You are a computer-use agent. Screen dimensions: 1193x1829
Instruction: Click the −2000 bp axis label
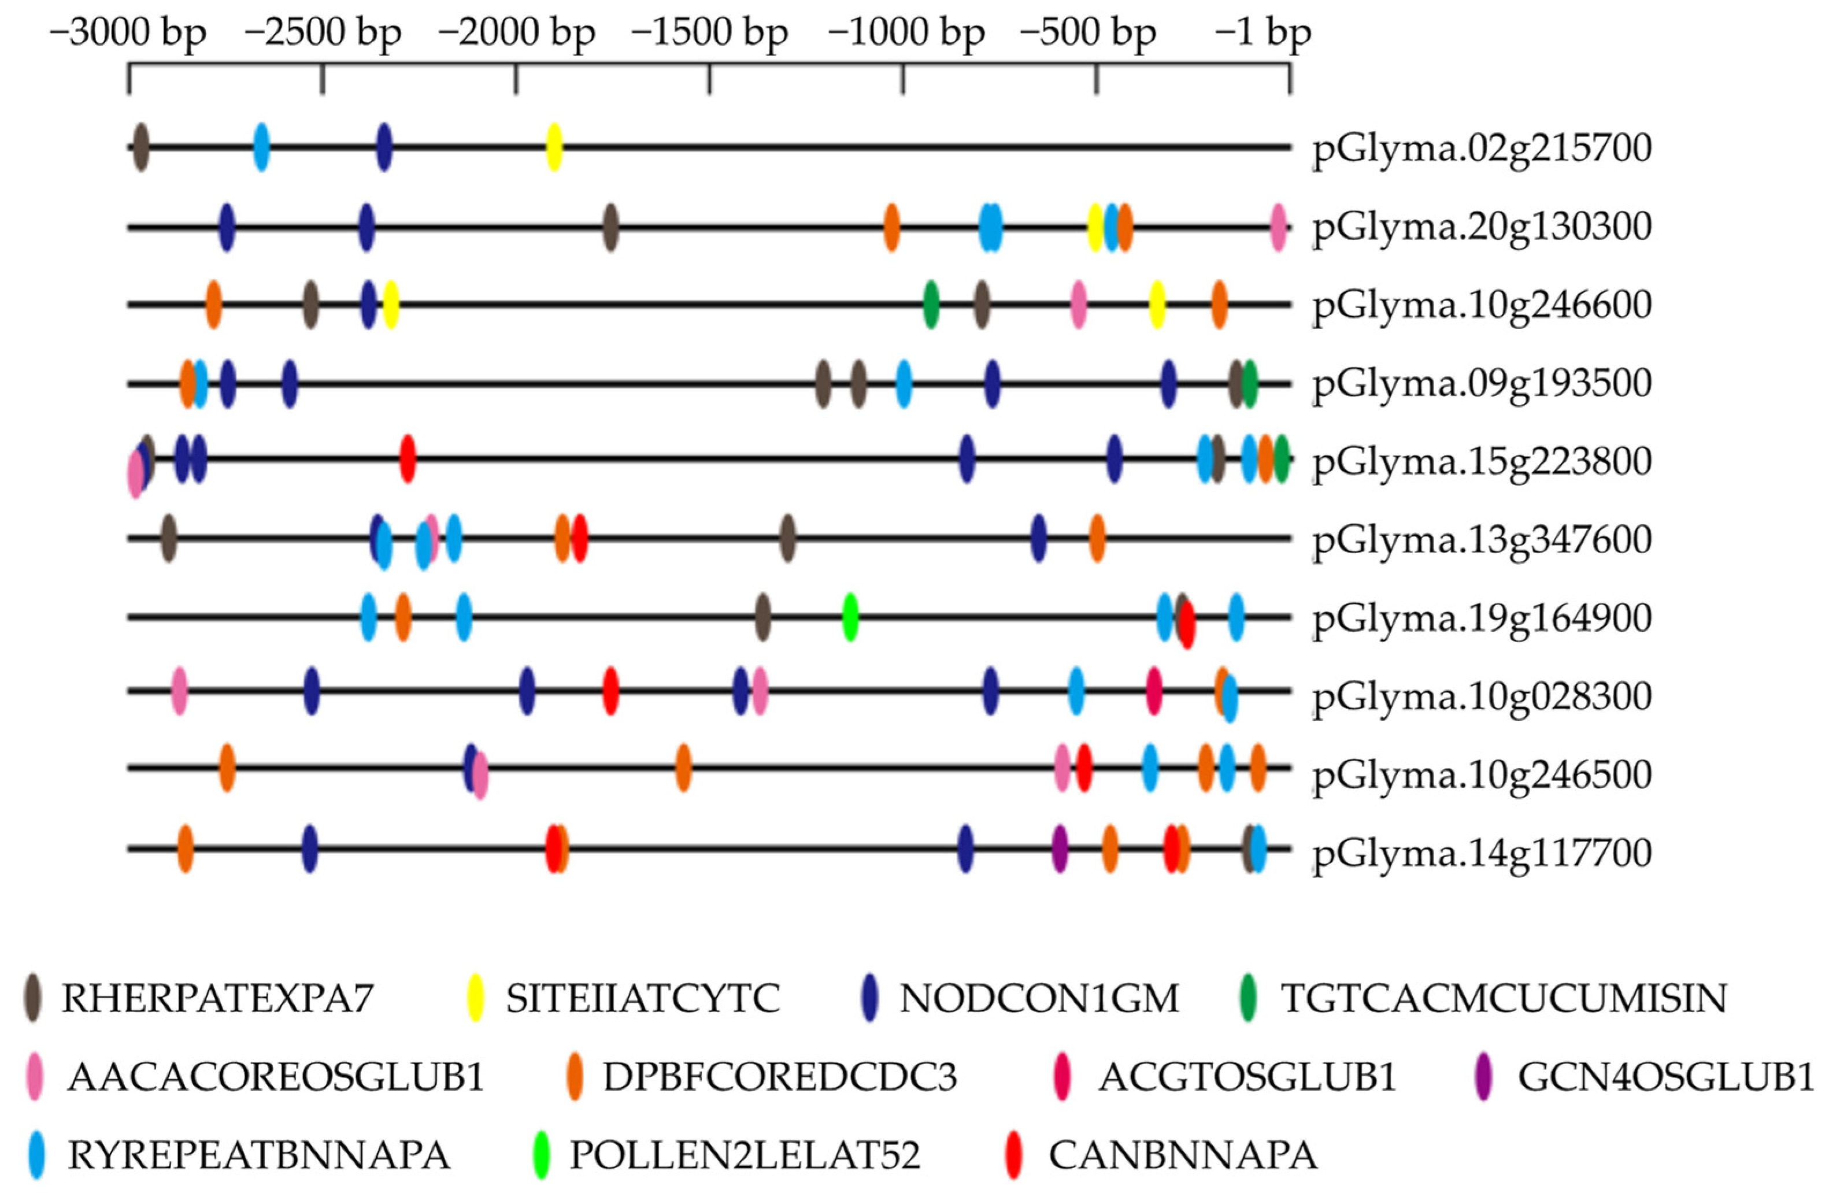[516, 33]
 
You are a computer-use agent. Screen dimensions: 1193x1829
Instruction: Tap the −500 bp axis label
[1088, 33]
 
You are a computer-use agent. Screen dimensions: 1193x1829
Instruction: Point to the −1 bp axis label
[1262, 33]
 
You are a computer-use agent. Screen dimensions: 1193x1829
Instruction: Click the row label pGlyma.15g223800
[1482, 461]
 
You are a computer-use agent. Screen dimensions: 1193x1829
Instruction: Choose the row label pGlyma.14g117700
[1482, 852]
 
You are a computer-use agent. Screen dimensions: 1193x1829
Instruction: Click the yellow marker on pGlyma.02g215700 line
[554, 147]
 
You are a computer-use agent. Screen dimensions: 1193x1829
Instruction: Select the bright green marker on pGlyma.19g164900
[850, 617]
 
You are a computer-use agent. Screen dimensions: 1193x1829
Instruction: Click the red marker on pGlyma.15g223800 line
[408, 458]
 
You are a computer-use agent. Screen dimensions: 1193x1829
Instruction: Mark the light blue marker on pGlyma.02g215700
[261, 147]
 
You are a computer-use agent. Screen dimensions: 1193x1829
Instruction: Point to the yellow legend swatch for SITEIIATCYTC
[476, 998]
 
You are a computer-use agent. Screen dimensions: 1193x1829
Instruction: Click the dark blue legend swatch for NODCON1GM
[870, 998]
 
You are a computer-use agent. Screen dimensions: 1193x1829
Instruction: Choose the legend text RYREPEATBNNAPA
[259, 1155]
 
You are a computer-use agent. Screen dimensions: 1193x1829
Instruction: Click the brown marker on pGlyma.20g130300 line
[610, 227]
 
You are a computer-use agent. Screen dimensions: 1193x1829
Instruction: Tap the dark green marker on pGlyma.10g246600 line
[931, 304]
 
